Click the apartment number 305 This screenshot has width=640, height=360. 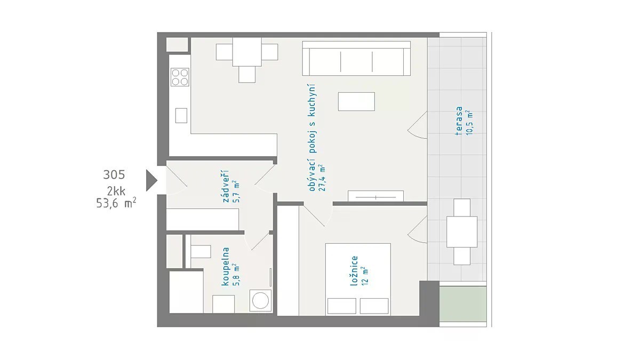pyautogui.click(x=114, y=174)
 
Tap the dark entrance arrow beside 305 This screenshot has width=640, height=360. pyautogui.click(x=151, y=180)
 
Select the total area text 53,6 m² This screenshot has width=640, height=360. pyautogui.click(x=116, y=203)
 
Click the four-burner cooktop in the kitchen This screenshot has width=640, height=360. pyautogui.click(x=180, y=77)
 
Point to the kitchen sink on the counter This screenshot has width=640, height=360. pyautogui.click(x=181, y=115)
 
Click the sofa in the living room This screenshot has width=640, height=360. pyautogui.click(x=356, y=59)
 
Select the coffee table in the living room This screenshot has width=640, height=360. pyautogui.click(x=356, y=101)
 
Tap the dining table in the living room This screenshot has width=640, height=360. pyautogui.click(x=247, y=52)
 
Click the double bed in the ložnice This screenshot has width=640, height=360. pyautogui.click(x=358, y=279)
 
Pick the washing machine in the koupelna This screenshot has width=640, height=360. pyautogui.click(x=260, y=300)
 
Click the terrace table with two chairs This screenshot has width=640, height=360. pyautogui.click(x=462, y=231)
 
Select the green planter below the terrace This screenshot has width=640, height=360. pyautogui.click(x=463, y=304)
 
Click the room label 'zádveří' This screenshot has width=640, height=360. pyautogui.click(x=226, y=186)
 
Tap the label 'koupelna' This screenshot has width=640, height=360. pyautogui.click(x=226, y=267)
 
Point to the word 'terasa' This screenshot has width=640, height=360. pyautogui.click(x=459, y=121)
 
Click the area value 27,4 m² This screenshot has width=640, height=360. pyautogui.click(x=322, y=178)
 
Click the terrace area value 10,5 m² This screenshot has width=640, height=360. pyautogui.click(x=469, y=123)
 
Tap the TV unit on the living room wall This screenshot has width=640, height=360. pyautogui.click(x=375, y=196)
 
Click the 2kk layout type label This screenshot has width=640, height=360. pyautogui.click(x=116, y=191)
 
